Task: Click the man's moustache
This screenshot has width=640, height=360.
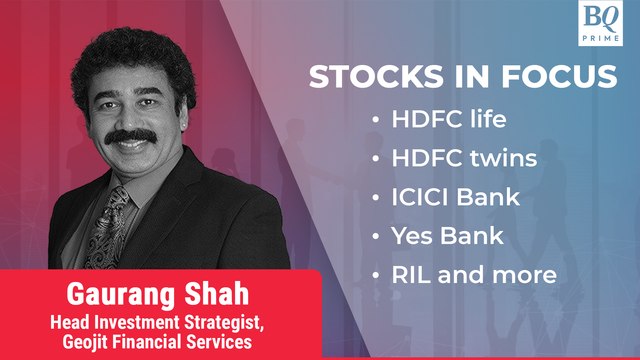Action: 131,137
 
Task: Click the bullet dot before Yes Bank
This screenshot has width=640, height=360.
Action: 375,235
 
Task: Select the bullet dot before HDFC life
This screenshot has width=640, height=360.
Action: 375,120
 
